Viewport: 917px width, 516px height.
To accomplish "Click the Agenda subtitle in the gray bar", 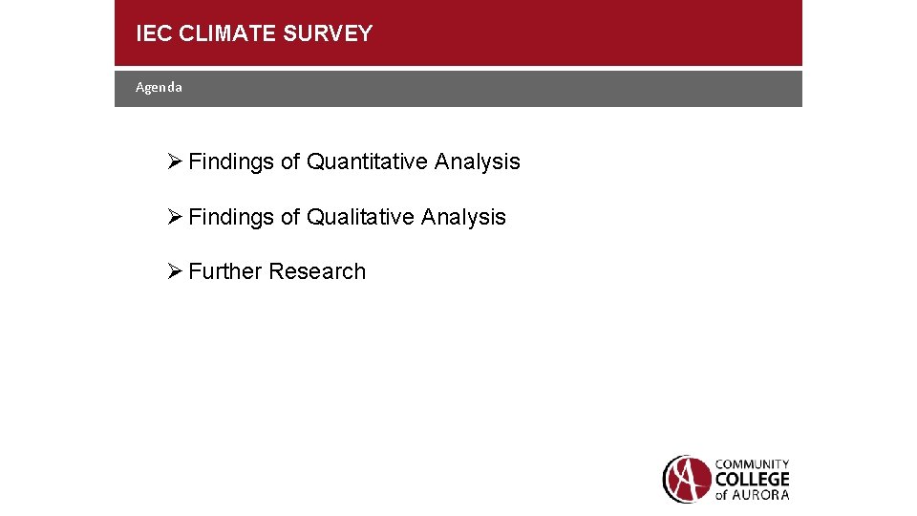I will point(159,87).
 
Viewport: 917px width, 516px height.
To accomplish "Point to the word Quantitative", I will point(367,161).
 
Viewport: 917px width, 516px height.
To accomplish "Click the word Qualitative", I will point(360,217).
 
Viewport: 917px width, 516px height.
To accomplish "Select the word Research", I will point(317,271).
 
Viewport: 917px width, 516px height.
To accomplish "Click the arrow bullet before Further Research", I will point(173,271).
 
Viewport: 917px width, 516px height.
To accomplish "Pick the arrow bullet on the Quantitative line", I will point(173,161).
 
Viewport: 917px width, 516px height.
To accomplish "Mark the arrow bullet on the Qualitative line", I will point(173,217).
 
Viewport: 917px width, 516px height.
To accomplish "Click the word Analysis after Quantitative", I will point(477,161).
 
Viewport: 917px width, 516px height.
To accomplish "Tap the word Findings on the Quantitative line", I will point(231,161).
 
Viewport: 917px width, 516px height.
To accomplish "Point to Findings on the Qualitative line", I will point(231,217).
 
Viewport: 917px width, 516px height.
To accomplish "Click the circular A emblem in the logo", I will point(687,479).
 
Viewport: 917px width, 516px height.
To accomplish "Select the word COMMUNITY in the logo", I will point(753,464).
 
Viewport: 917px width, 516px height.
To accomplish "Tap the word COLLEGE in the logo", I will point(753,479).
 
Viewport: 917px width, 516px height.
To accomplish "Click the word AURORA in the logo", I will point(761,494).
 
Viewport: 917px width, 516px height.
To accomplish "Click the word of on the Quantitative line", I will point(290,161).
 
